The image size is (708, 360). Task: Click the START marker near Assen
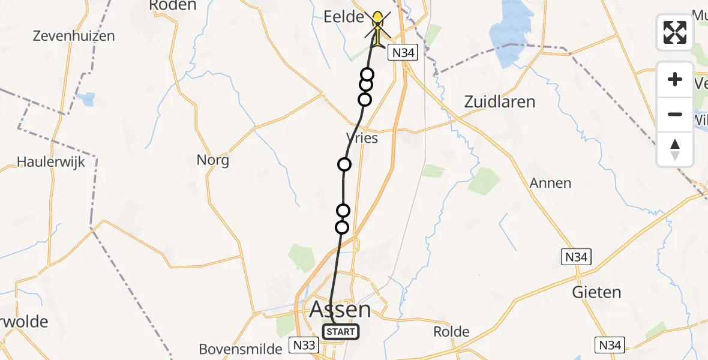pyautogui.click(x=341, y=332)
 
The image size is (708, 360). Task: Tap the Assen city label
pyautogui.click(x=340, y=310)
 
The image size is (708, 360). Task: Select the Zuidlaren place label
pyautogui.click(x=499, y=101)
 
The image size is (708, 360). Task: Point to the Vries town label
pyautogui.click(x=362, y=138)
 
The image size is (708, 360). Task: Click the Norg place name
pyautogui.click(x=212, y=160)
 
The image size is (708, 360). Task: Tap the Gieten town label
pyautogui.click(x=596, y=293)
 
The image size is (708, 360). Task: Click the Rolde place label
pyautogui.click(x=451, y=332)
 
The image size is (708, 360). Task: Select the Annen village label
pyautogui.click(x=550, y=183)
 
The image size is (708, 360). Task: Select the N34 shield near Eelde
pyautogui.click(x=402, y=53)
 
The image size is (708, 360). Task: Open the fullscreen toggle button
pyautogui.click(x=675, y=32)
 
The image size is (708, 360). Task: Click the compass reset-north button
pyautogui.click(x=675, y=149)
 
